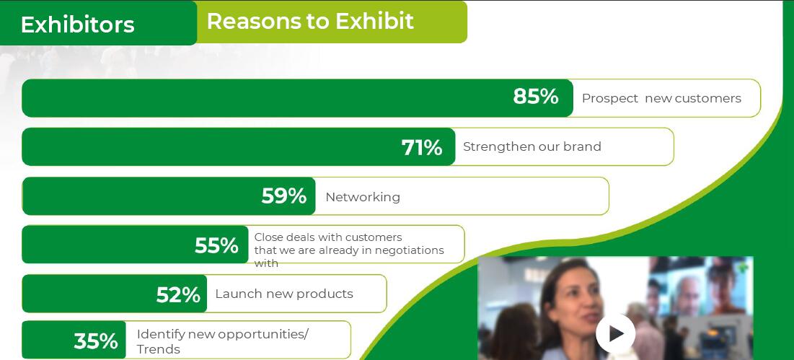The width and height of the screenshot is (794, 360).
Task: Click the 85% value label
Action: [536, 96]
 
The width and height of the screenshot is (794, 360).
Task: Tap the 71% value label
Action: [422, 148]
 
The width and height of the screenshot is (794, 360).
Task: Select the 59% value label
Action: [283, 196]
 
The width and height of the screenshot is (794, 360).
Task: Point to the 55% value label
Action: [216, 245]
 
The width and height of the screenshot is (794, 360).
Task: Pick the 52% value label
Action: [178, 295]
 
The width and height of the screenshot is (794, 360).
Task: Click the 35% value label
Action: [96, 341]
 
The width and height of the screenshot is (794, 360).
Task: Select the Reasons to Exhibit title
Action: [310, 21]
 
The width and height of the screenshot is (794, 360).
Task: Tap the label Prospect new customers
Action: [661, 99]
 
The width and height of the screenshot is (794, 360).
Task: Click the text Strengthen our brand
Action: [532, 147]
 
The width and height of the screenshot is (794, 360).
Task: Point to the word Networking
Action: [363, 197]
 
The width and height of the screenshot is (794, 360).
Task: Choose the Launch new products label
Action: [284, 294]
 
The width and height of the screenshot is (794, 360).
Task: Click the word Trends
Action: [159, 349]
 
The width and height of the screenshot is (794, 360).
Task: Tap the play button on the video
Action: [615, 333]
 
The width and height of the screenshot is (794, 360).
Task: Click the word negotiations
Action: [408, 250]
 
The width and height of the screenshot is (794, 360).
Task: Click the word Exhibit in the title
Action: [375, 21]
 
